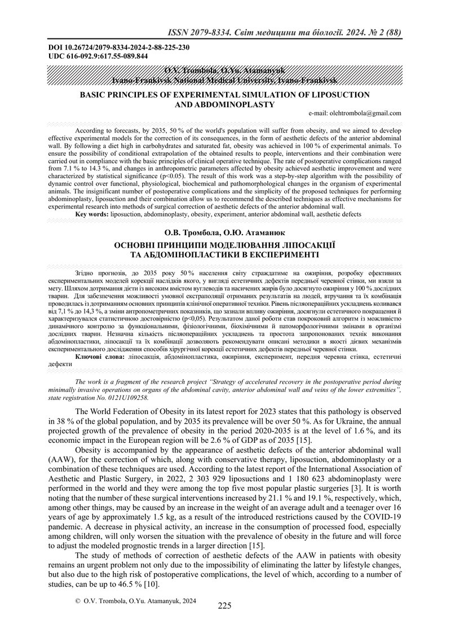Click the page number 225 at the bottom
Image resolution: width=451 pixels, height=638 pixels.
tap(224, 606)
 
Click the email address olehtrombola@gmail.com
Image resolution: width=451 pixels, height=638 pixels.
tap(355, 113)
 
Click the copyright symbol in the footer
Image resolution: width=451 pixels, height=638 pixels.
tap(78, 602)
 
